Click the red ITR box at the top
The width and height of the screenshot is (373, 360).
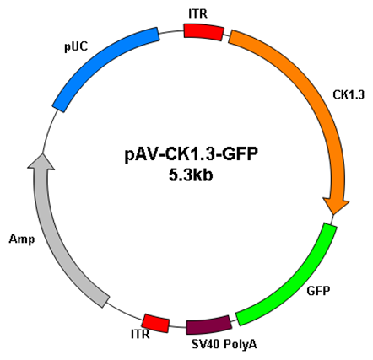tap(204, 32)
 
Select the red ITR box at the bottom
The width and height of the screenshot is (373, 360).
tap(156, 323)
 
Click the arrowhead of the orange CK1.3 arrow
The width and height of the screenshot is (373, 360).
tap(336, 206)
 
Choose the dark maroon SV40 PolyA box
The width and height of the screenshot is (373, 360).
tap(209, 325)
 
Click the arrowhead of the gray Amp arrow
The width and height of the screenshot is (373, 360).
tap(41, 162)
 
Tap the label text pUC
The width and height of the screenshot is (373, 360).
tap(76, 46)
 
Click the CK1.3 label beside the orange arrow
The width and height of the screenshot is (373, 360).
tap(349, 94)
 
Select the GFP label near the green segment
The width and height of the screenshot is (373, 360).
tap(318, 291)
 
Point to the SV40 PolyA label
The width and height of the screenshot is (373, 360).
tap(224, 344)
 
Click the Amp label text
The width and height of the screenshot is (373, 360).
tap(22, 239)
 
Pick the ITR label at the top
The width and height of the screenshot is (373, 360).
tap(198, 13)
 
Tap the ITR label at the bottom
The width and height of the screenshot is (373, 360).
tap(140, 334)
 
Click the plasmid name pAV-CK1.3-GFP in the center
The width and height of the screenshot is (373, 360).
tap(192, 154)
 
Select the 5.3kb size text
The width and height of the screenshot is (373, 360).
tap(191, 175)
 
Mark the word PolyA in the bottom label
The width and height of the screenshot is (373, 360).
tap(241, 345)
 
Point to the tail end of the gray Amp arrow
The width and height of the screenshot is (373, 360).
tap(103, 302)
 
